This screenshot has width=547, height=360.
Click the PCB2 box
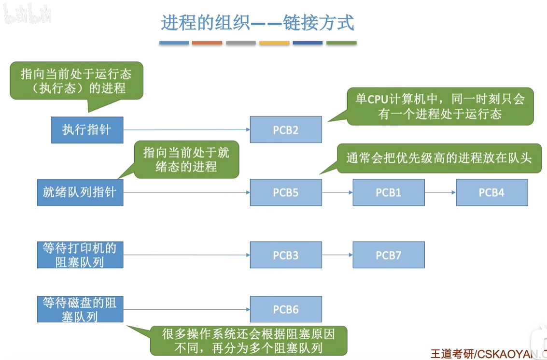(x=286, y=130)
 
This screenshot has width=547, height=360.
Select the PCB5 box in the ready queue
(x=286, y=192)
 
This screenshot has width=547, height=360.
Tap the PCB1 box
(x=389, y=192)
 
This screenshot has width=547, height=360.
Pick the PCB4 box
(x=491, y=192)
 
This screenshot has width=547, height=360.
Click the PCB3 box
(x=286, y=255)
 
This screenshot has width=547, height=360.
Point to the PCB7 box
(x=389, y=255)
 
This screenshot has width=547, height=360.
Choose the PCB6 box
(x=286, y=309)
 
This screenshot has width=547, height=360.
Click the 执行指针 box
(x=87, y=130)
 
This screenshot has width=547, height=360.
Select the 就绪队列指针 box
(x=80, y=192)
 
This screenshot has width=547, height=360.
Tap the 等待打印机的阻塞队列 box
(x=80, y=255)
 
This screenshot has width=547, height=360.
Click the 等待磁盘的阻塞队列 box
(x=80, y=309)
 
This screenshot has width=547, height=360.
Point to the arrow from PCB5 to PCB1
(x=337, y=193)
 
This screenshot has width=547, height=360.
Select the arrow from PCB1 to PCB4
(x=440, y=193)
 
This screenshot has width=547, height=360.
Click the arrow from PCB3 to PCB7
(x=337, y=255)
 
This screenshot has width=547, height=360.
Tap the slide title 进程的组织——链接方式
(x=258, y=23)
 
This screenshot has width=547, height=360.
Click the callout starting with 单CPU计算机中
(x=440, y=106)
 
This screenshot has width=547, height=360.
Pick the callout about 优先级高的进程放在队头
(x=439, y=158)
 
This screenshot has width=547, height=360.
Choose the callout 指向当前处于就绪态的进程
(x=186, y=160)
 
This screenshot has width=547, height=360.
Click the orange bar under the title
(x=207, y=43)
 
